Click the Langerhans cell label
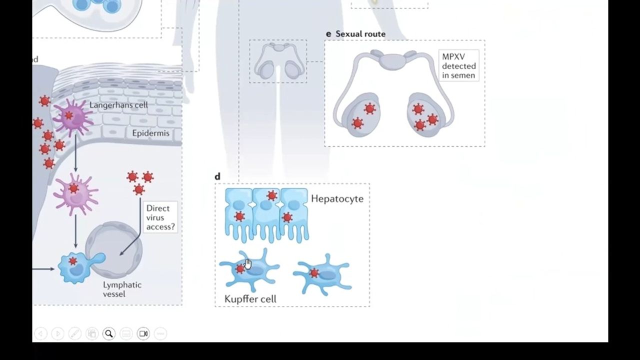point(118,105)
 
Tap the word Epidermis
point(150,133)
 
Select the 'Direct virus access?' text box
point(160,217)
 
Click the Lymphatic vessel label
point(122,289)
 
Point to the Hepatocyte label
point(337,198)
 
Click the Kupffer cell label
point(250,299)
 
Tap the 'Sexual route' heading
point(360,34)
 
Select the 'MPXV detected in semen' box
point(458,66)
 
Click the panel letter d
point(217,176)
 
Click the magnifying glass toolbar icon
point(108,333)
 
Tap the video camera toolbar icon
point(143,333)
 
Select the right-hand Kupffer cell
point(323,274)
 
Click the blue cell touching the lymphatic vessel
point(77,267)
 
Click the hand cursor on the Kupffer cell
point(248,264)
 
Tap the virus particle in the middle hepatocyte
point(271,195)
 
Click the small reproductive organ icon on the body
point(278,61)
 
